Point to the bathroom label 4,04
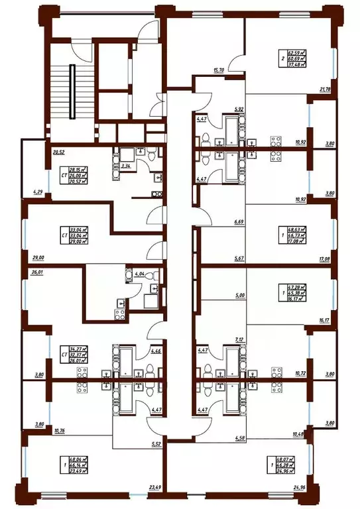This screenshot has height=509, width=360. click(x=139, y=272)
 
